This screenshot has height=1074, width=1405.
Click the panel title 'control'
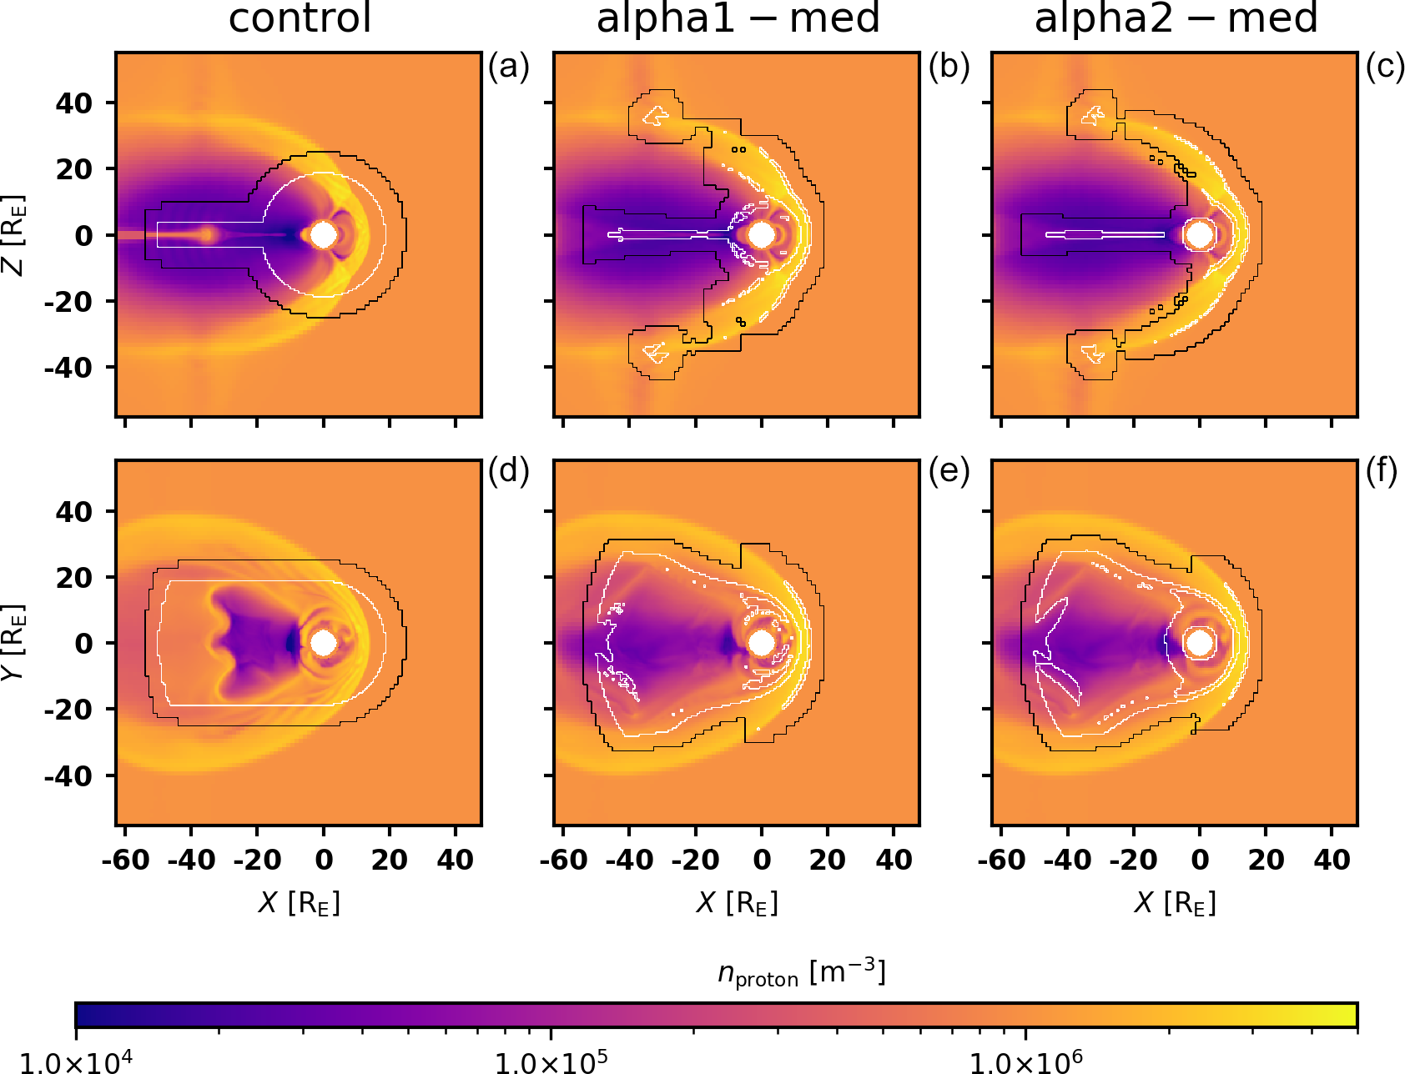[300, 18]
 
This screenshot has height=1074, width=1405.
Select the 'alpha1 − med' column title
[738, 18]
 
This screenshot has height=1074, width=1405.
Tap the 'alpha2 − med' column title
[1176, 18]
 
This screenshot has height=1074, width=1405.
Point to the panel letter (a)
[509, 67]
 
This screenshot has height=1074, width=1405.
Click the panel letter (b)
[949, 67]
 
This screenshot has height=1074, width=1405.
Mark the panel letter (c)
[1385, 67]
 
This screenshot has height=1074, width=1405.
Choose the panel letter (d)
[509, 472]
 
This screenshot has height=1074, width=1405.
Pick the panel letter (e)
[949, 472]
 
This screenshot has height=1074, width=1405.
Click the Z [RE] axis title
[15, 235]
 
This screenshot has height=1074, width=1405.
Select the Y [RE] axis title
[15, 642]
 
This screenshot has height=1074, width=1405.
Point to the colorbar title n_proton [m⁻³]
[801, 973]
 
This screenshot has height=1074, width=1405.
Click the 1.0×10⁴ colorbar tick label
[75, 1061]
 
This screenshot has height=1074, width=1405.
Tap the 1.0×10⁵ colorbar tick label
[551, 1061]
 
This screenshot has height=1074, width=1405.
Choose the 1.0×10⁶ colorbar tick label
[1025, 1061]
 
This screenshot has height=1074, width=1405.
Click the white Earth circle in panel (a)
[324, 235]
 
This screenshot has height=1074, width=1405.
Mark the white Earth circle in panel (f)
[1200, 643]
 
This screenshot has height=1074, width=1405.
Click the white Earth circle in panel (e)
[761, 643]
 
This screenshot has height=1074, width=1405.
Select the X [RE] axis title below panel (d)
[300, 902]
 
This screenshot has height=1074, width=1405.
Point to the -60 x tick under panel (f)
[1002, 860]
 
